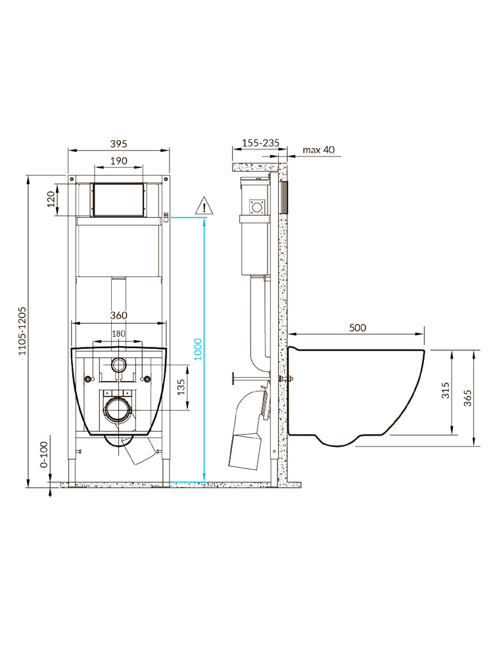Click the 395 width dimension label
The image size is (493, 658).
tap(118, 144)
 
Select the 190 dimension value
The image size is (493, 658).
tap(119, 161)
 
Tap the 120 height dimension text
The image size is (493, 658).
tap(51, 199)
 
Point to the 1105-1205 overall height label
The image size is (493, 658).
tap(22, 331)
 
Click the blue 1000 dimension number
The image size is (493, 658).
tap(198, 349)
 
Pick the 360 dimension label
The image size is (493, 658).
tap(118, 315)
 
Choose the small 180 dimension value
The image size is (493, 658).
tap(118, 334)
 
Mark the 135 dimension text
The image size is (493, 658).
tap(181, 387)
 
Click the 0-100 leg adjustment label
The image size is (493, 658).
tap(44, 455)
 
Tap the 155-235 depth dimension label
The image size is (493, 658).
tap(261, 143)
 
